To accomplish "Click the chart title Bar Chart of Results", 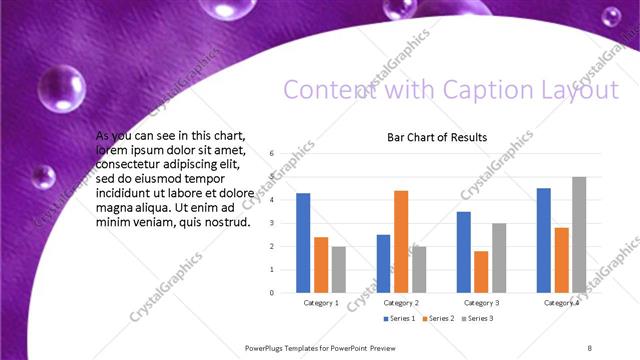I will (x=437, y=137).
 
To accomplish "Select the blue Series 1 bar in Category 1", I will (x=303, y=242).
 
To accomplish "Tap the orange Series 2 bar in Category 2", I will (x=401, y=240).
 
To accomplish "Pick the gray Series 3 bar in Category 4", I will (x=578, y=234).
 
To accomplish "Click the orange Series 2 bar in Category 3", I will (x=481, y=271).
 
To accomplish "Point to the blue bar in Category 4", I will (x=543, y=240).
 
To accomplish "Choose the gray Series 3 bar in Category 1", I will (x=338, y=269).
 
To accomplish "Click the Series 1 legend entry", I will (x=399, y=318).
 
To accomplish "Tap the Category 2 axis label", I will (x=400, y=302).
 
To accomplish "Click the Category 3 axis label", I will (x=481, y=302).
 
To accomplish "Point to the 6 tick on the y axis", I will (x=271, y=153).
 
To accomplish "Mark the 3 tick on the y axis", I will (x=271, y=223).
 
